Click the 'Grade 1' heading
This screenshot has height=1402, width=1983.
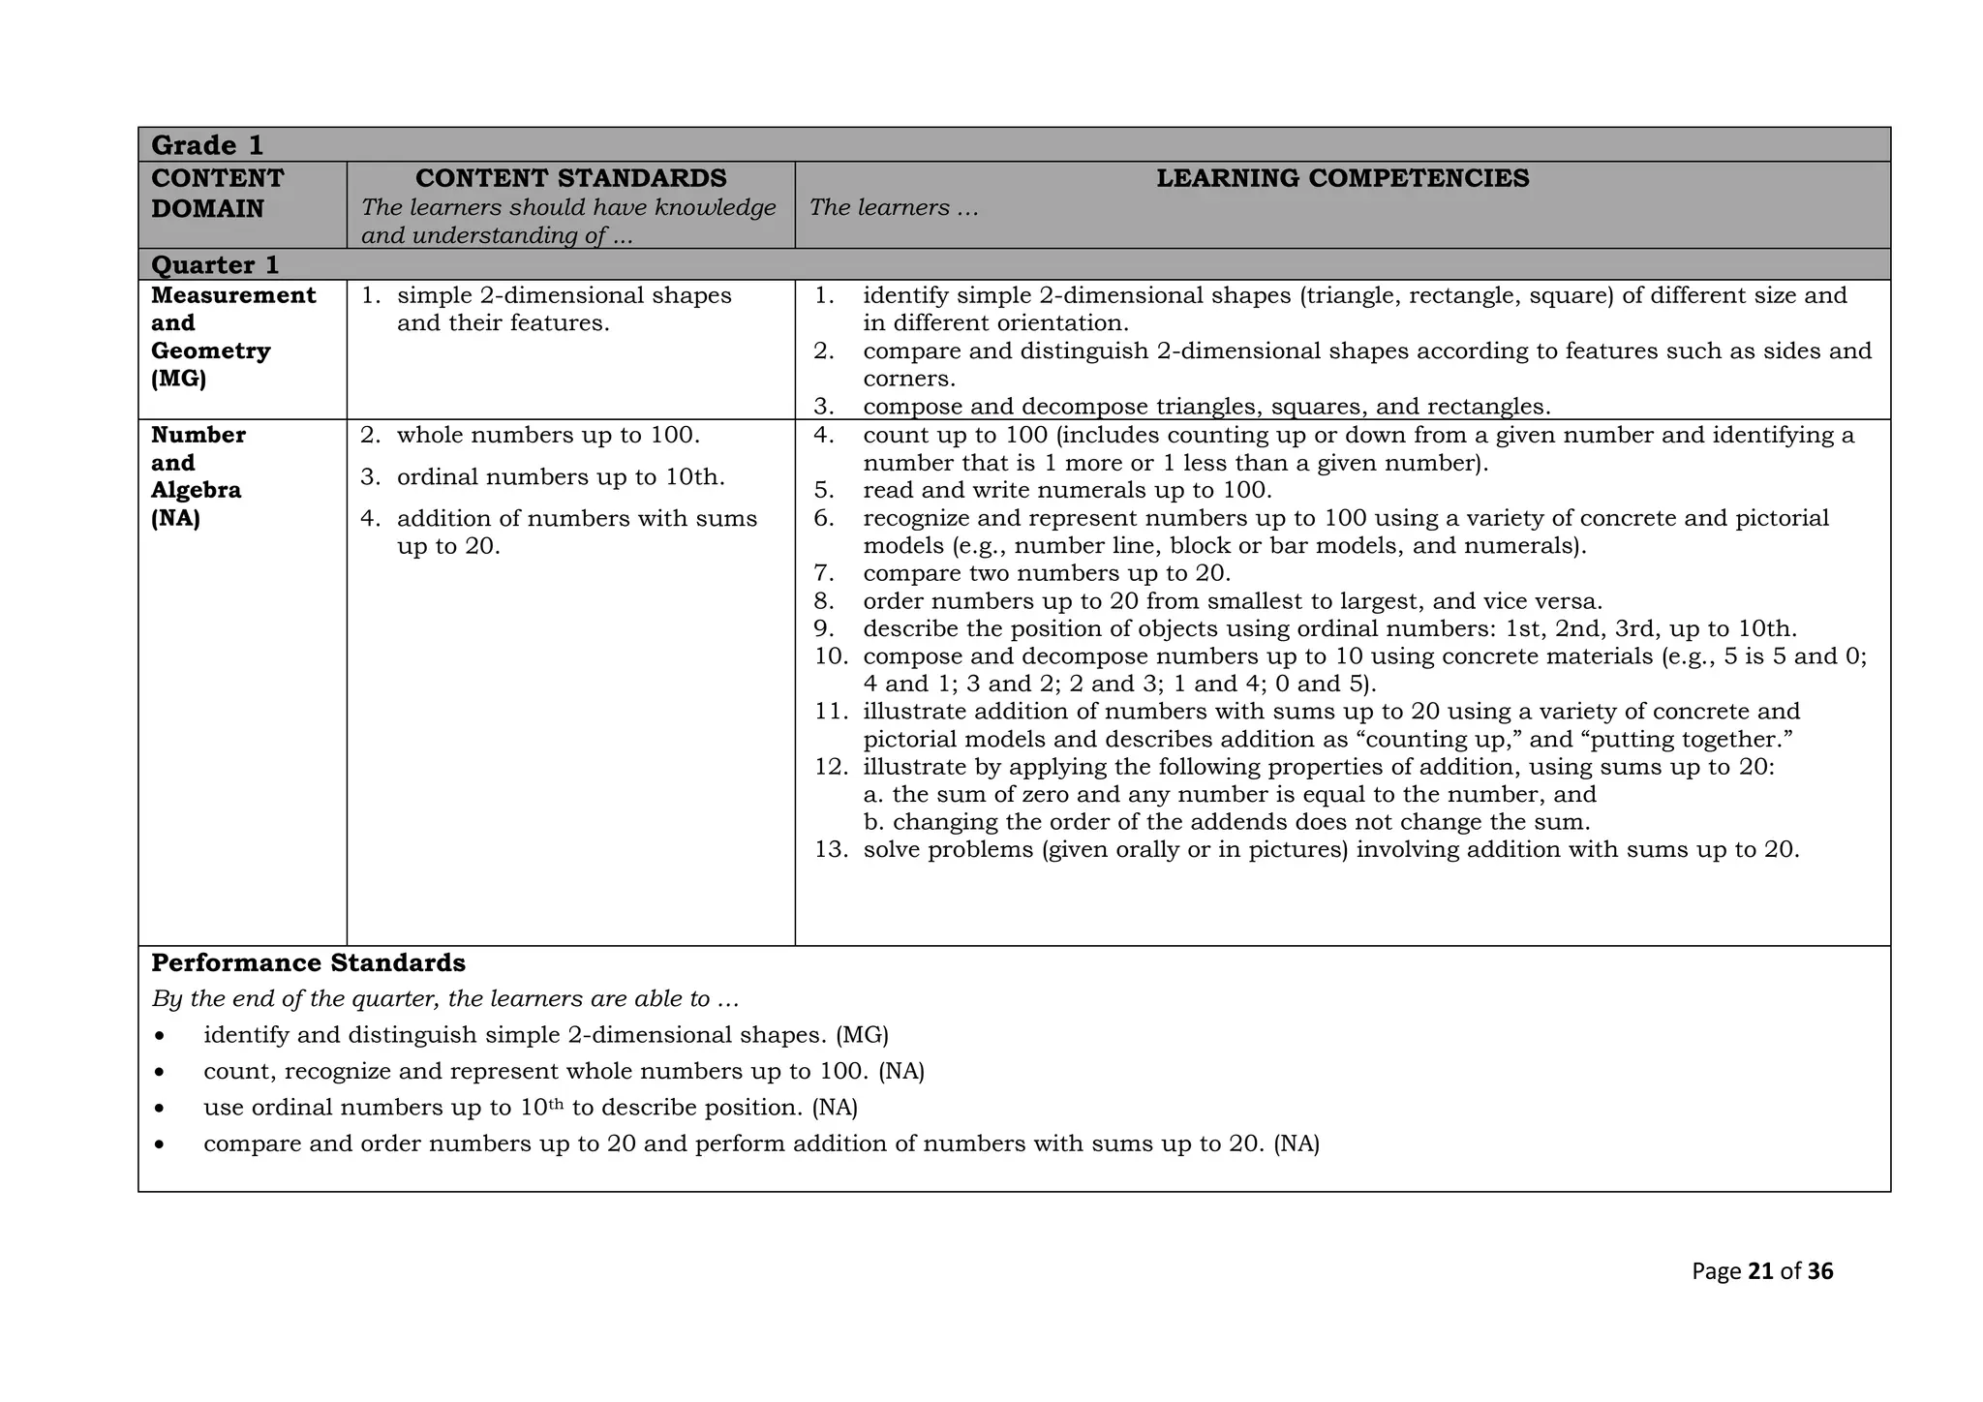pyautogui.click(x=207, y=145)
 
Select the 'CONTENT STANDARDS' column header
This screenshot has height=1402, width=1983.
pyautogui.click(x=570, y=178)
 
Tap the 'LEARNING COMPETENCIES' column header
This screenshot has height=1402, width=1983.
pyautogui.click(x=1342, y=178)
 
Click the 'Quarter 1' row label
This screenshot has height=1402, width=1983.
pyautogui.click(x=215, y=265)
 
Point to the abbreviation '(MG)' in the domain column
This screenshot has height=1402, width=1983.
pyautogui.click(x=179, y=379)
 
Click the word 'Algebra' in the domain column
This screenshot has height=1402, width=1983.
pyautogui.click(x=196, y=490)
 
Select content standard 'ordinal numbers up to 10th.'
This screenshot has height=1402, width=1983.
pyautogui.click(x=560, y=477)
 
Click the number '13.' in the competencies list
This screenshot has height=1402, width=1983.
pyautogui.click(x=831, y=850)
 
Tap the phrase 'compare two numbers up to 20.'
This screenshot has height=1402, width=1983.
pyautogui.click(x=1046, y=573)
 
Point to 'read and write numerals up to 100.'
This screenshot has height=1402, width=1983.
pyautogui.click(x=1067, y=490)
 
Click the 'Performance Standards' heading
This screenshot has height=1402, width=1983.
pyautogui.click(x=308, y=963)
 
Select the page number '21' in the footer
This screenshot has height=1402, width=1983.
pyautogui.click(x=1760, y=1271)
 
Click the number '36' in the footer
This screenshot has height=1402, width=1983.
pyautogui.click(x=1820, y=1271)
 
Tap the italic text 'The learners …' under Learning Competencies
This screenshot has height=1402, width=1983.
pyautogui.click(x=893, y=208)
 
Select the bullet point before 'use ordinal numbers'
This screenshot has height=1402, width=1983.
pyautogui.click(x=159, y=1109)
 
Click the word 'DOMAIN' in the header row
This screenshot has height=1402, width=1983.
pyautogui.click(x=207, y=209)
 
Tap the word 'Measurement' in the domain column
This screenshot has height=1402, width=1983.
pyautogui.click(x=233, y=295)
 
